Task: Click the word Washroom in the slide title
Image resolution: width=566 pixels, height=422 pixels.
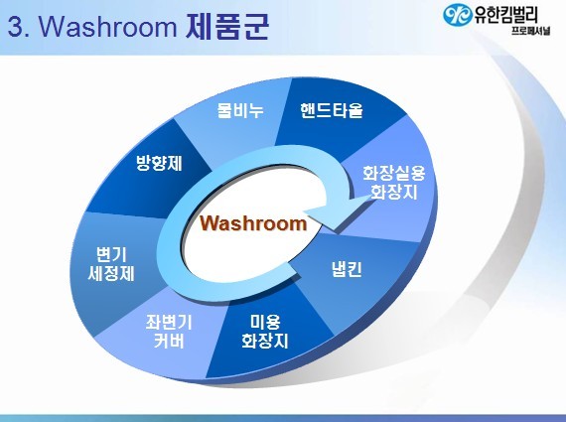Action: [107, 27]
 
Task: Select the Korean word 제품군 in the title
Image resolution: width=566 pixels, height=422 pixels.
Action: [227, 27]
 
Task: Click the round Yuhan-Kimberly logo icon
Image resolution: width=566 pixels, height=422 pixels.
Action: [458, 15]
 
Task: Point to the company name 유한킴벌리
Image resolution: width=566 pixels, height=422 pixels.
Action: [505, 15]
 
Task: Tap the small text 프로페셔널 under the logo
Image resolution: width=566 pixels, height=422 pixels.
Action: [530, 31]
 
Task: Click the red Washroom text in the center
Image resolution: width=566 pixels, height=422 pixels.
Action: [253, 223]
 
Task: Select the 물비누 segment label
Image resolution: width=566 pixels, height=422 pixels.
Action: [240, 110]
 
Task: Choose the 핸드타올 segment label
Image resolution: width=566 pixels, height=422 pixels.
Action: [331, 110]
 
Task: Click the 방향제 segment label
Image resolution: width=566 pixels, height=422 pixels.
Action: [159, 163]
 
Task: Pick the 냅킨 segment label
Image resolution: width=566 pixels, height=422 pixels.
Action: [347, 268]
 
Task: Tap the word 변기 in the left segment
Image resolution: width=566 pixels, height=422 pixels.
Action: [111, 254]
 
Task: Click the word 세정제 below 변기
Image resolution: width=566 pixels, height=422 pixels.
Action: [111, 273]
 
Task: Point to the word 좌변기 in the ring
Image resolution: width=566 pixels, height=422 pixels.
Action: [169, 322]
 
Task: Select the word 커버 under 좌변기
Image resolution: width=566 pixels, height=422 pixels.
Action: [169, 341]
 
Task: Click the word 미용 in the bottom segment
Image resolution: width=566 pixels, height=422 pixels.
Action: [265, 322]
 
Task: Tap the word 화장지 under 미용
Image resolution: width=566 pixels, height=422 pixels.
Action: [265, 341]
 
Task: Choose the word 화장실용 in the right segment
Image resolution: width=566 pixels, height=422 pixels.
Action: [394, 173]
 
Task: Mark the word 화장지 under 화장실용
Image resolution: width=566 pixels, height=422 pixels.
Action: [394, 192]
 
